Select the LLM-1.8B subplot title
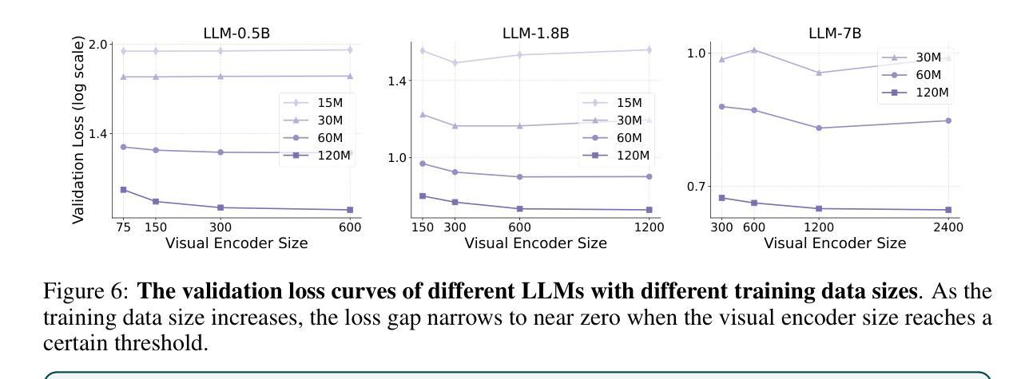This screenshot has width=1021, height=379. (x=535, y=33)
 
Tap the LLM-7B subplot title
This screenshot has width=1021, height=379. (x=835, y=33)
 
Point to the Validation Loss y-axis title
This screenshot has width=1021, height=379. (x=78, y=129)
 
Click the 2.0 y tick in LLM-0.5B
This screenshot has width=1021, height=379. (x=98, y=44)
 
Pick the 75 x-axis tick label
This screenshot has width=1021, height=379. (x=123, y=227)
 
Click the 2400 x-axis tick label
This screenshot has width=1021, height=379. (x=948, y=227)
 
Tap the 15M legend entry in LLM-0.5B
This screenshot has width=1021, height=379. (x=316, y=103)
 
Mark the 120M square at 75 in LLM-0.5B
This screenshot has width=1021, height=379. (x=123, y=189)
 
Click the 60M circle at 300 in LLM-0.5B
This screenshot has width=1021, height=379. (x=220, y=152)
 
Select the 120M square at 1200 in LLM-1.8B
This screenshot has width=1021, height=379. (x=649, y=210)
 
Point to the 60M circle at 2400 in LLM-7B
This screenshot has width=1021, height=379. (x=948, y=120)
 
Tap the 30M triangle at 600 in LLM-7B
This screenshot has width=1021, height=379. (x=754, y=49)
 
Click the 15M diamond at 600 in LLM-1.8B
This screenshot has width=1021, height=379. (x=519, y=54)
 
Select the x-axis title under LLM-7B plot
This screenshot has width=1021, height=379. (x=835, y=243)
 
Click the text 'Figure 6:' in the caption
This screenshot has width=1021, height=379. (x=74, y=292)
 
